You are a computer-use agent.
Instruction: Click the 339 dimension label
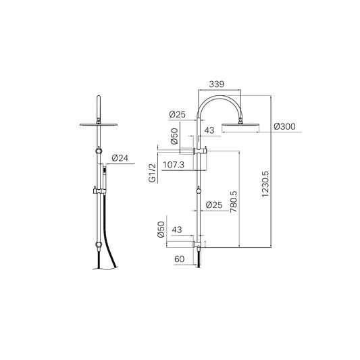[216, 84]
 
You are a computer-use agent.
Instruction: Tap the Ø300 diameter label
[284, 126]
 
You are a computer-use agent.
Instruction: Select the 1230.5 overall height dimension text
[265, 184]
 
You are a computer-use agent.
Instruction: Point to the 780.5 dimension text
[233, 202]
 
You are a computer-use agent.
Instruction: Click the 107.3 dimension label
[174, 165]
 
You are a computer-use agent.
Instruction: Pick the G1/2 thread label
[152, 173]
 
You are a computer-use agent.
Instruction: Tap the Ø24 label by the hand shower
[120, 158]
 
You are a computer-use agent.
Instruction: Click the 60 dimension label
[179, 259]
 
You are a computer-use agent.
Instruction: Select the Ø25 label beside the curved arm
[177, 114]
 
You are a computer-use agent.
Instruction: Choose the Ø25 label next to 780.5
[214, 205]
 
